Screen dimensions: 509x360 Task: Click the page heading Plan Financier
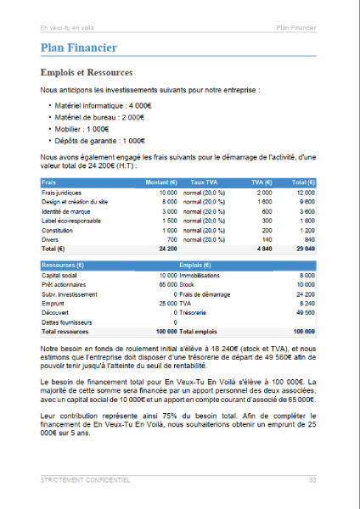click(78, 48)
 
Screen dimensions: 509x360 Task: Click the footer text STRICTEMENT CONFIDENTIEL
click(85, 480)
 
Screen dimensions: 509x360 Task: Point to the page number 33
click(312, 480)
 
